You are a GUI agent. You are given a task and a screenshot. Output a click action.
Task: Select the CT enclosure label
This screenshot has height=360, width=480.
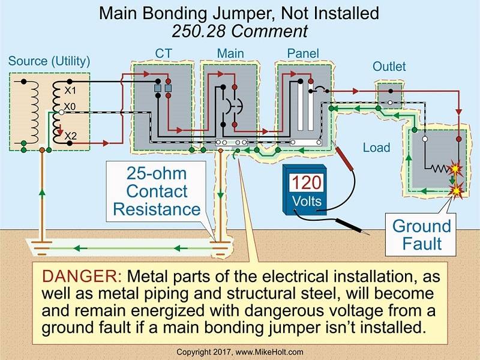coord(163,54)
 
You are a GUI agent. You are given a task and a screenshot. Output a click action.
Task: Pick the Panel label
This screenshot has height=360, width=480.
coord(303,54)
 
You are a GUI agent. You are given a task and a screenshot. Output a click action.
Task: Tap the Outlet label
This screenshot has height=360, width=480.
coord(389,67)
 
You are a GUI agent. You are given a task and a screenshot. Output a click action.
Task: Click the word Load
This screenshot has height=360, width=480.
coord(376,147)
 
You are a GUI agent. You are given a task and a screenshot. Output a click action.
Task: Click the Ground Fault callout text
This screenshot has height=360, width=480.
coord(421,235)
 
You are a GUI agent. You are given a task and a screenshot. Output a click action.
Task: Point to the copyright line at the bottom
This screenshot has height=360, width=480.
coord(240,350)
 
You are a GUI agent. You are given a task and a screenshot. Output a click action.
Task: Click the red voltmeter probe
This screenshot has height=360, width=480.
coord(346,157)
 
